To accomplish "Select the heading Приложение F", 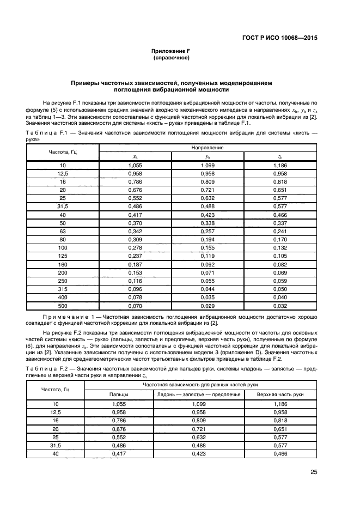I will coord(170,51).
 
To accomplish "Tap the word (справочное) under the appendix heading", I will coord(170,57).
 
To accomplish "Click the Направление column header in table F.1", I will coord(207,148).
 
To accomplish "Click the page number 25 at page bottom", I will coord(314,472).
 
